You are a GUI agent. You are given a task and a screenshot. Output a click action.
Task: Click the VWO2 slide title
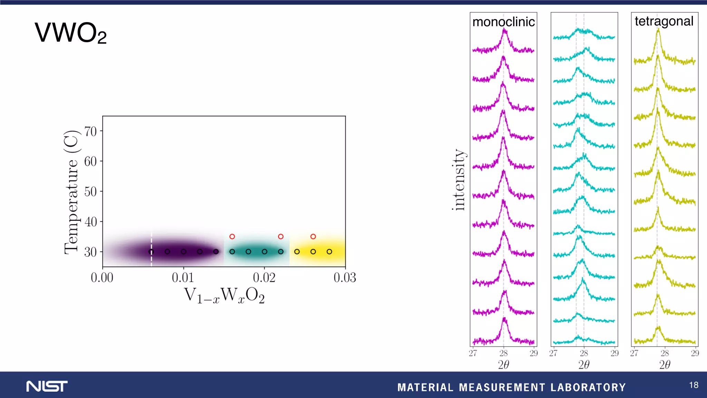click(x=70, y=33)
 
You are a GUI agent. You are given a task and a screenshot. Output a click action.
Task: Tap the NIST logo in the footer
click(x=47, y=386)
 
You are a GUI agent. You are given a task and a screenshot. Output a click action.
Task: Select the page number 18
click(x=694, y=385)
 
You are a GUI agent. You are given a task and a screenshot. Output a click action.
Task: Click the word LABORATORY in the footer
click(x=588, y=387)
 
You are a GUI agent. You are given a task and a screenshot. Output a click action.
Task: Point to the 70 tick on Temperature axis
click(x=91, y=131)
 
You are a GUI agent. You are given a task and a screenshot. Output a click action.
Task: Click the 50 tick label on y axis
click(x=91, y=191)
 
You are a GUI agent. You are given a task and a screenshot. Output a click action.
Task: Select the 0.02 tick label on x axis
click(x=264, y=277)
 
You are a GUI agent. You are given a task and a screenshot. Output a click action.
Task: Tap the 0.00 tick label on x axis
click(x=102, y=277)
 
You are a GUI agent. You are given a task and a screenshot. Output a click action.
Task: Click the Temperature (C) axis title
click(x=71, y=192)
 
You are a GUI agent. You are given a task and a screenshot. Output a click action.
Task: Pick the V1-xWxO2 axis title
click(x=224, y=296)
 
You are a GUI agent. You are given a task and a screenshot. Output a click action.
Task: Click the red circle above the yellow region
click(x=313, y=237)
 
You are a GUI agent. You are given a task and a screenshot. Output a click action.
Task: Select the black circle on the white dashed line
click(x=151, y=252)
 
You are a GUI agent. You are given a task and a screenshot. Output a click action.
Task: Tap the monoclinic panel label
click(x=503, y=22)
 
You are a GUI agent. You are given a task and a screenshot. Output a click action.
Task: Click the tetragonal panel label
click(x=664, y=21)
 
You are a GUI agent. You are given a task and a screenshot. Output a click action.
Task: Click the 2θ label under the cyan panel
click(x=584, y=364)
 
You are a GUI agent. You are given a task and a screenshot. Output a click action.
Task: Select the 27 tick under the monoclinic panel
click(x=473, y=353)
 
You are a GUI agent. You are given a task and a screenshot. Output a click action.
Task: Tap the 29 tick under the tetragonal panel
click(x=695, y=353)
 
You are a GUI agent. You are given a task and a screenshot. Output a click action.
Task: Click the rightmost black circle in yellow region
click(x=329, y=252)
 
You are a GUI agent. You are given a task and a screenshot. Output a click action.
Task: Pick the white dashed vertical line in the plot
click(x=151, y=242)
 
